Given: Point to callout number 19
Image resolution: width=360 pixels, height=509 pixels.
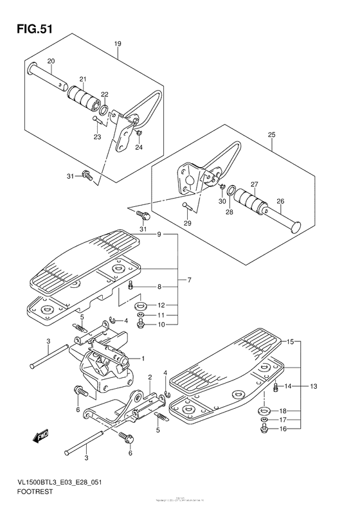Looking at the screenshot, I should (x=118, y=44).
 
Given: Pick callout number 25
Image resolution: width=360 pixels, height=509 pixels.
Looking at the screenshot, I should (x=271, y=135).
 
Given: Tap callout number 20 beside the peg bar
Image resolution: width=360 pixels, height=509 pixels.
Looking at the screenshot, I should (x=51, y=60).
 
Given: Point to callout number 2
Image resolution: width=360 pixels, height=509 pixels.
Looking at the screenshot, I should (x=150, y=377).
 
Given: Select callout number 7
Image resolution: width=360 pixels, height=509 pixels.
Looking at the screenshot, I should (x=190, y=280).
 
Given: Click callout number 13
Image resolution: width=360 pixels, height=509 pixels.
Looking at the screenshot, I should (x=314, y=386).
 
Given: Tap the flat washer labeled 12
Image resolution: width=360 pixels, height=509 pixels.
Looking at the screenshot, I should (x=143, y=304).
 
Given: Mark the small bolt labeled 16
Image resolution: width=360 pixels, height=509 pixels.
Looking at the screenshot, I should (x=264, y=429).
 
